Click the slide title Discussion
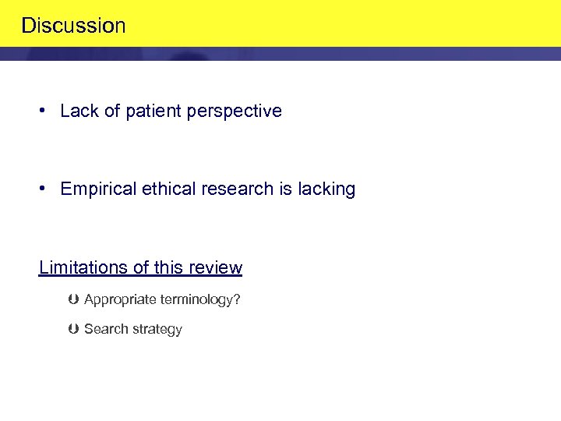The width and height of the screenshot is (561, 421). click(x=73, y=26)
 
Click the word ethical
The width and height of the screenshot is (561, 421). click(x=164, y=189)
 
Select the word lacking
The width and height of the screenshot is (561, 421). click(x=326, y=189)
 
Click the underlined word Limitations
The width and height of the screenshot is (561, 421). click(x=83, y=268)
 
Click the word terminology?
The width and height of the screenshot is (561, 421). click(x=199, y=300)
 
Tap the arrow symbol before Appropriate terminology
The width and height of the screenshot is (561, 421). click(x=73, y=300)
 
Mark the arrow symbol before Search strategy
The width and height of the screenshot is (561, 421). click(x=73, y=329)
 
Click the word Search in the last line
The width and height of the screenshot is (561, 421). click(x=104, y=329)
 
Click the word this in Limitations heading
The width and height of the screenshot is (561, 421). click(x=168, y=268)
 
